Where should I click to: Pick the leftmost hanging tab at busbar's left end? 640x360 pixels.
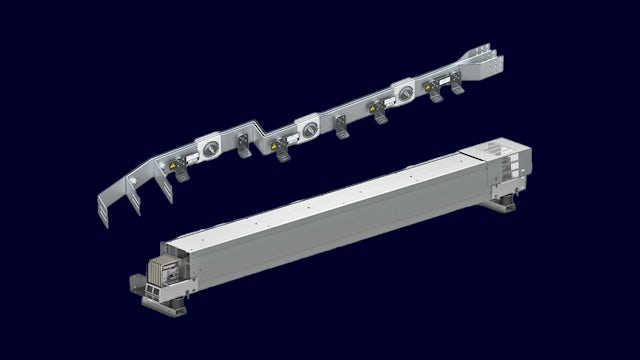click(104, 214)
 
